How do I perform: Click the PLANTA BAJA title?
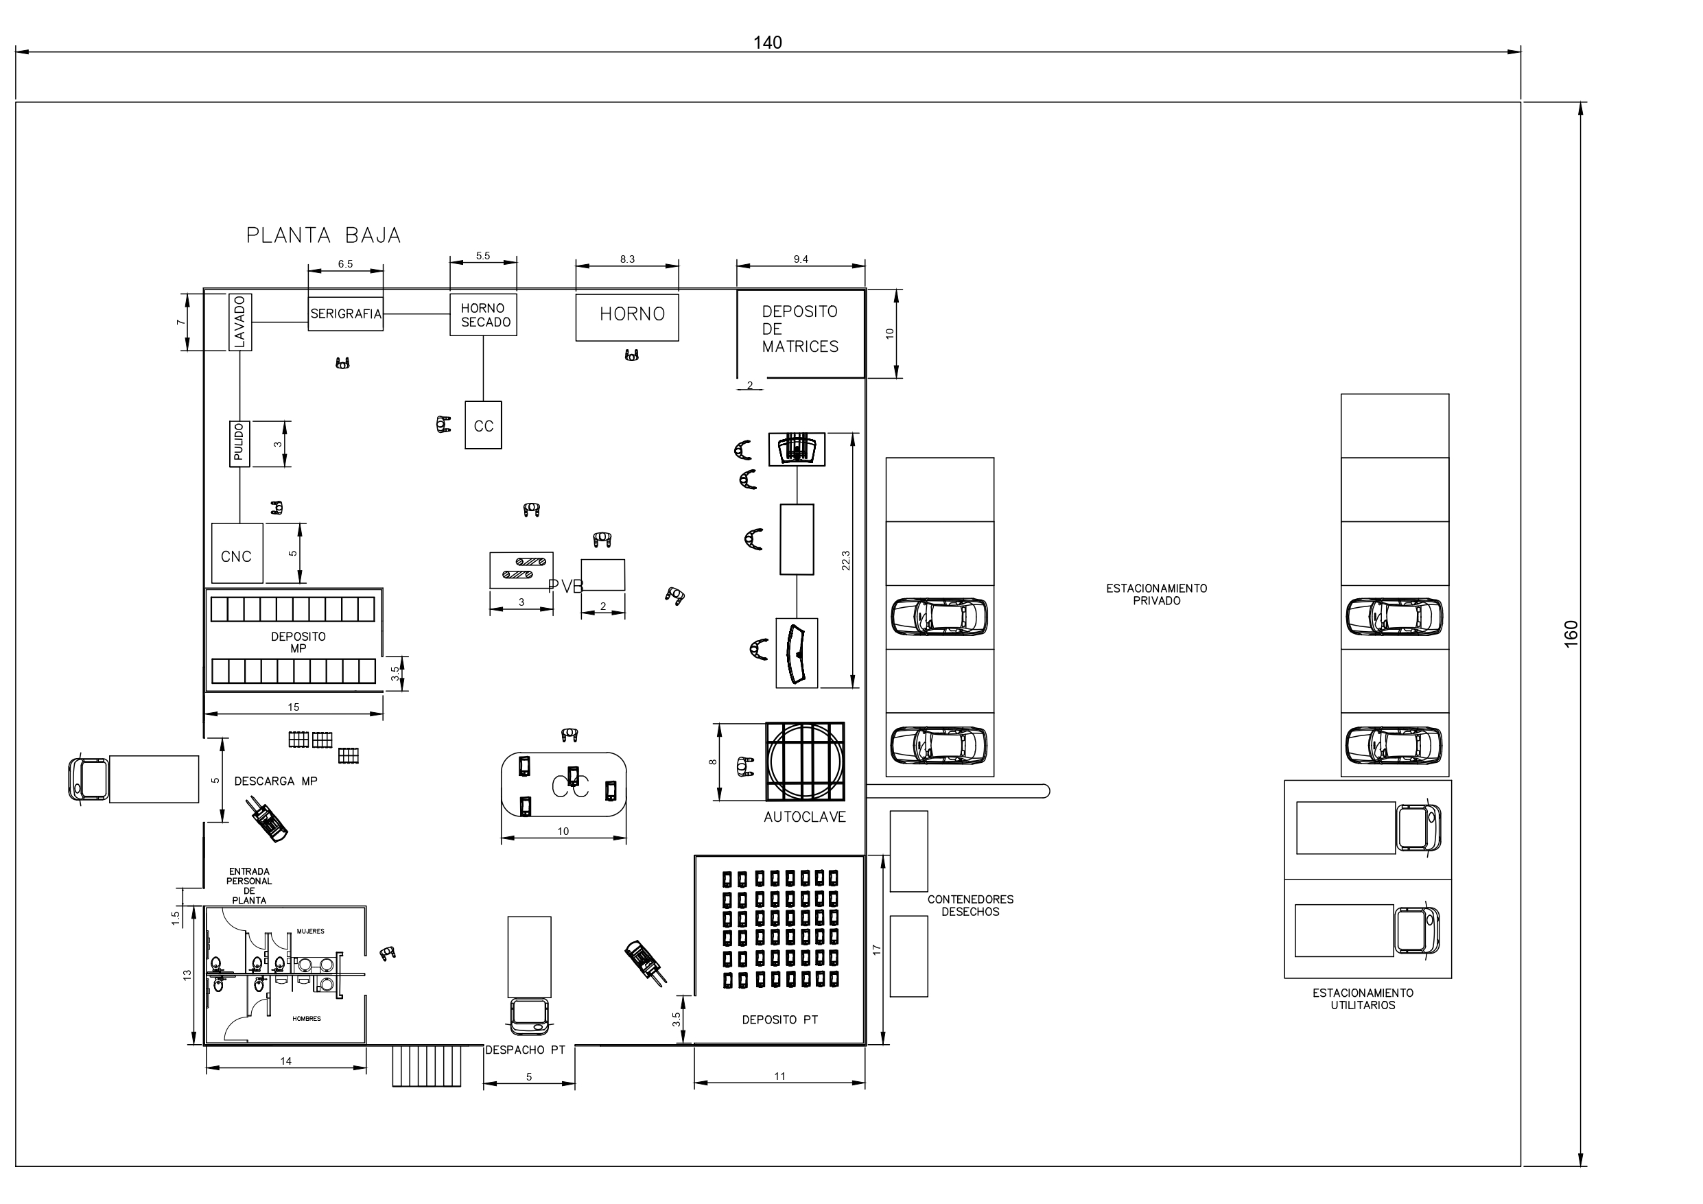point(323,235)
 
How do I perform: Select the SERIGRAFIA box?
point(346,313)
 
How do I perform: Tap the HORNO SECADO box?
point(483,314)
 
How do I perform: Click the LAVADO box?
point(239,321)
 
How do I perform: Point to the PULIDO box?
point(238,443)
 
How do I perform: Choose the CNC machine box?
point(237,554)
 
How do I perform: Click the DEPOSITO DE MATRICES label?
point(799,329)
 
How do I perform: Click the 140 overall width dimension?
point(767,43)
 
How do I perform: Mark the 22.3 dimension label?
point(845,560)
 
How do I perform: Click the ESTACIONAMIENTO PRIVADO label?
point(1155,594)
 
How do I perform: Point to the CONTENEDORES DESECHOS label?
point(970,905)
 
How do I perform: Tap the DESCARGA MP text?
point(275,781)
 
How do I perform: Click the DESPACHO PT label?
point(525,1050)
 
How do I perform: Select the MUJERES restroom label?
point(310,931)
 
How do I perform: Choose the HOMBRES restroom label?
point(306,1019)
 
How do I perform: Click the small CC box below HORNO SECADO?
point(483,425)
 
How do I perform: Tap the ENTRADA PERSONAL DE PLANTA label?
point(248,886)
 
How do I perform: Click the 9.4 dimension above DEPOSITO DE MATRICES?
point(800,259)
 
